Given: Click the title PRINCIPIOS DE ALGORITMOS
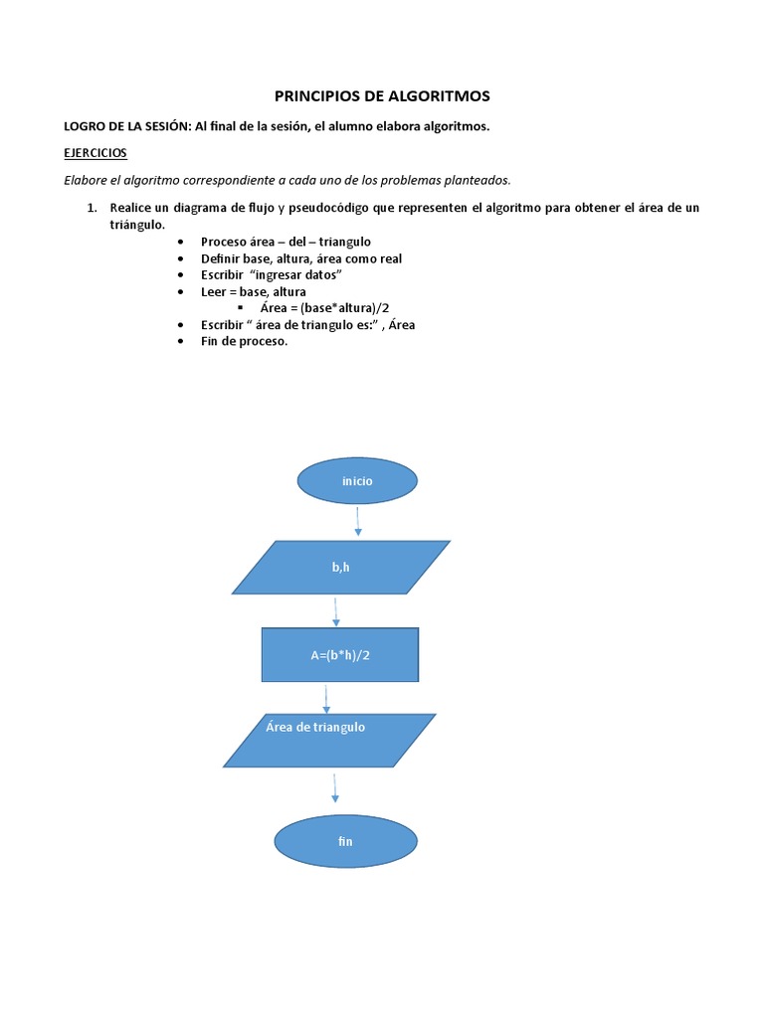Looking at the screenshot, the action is (382, 96).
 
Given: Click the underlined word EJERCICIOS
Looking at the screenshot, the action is (95, 153).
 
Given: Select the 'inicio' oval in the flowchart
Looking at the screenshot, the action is (357, 480).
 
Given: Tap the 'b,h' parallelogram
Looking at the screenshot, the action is (341, 568).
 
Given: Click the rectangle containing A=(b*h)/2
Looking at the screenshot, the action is (340, 654).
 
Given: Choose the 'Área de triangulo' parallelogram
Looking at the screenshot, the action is (329, 741).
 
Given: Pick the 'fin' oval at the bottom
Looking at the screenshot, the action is (345, 841).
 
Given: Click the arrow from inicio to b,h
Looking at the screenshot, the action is (357, 521).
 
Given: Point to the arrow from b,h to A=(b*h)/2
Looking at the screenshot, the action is (336, 611).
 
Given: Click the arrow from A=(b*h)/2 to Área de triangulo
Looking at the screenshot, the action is (326, 698).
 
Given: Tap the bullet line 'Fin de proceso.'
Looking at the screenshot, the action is (244, 341).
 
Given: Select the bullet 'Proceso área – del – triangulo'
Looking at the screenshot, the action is (286, 242).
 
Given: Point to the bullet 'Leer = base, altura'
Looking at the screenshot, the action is (253, 291).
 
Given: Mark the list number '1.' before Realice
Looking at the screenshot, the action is (92, 208).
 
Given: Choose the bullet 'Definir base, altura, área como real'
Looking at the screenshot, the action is (300, 258).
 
